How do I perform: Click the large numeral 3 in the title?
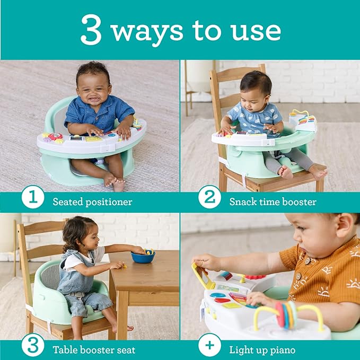(x=91, y=30)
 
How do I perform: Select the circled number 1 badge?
(x=33, y=197)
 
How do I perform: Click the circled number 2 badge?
(x=209, y=197)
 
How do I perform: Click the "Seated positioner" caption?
(x=92, y=202)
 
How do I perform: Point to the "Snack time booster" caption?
(x=273, y=202)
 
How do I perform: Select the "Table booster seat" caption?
(x=94, y=350)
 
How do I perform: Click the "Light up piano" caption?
(x=262, y=350)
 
